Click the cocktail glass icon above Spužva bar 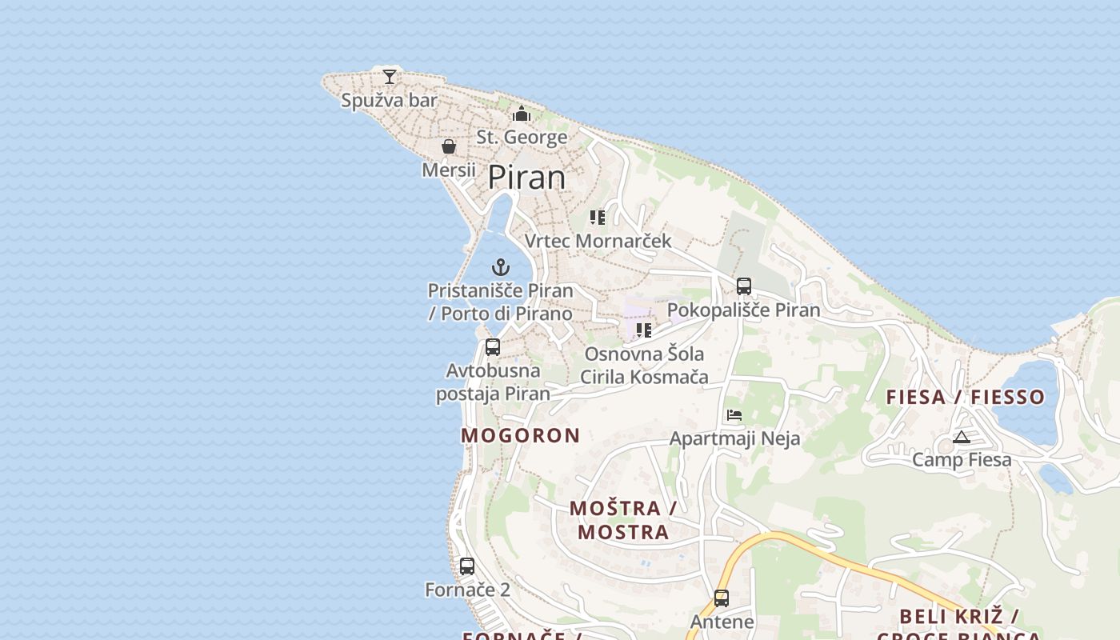click(x=390, y=77)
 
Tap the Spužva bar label click(x=390, y=101)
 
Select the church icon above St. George click(x=522, y=114)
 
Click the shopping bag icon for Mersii click(x=449, y=146)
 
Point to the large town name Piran click(x=526, y=177)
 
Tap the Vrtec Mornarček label click(x=598, y=241)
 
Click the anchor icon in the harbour click(x=501, y=267)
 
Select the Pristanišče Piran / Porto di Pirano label click(x=501, y=302)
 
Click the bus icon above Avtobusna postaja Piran click(x=493, y=347)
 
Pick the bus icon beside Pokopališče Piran click(x=744, y=286)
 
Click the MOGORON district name click(x=521, y=436)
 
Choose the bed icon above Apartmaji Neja click(x=734, y=415)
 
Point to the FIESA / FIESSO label click(x=966, y=397)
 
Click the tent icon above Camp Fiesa click(x=962, y=437)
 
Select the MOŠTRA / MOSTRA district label click(x=623, y=520)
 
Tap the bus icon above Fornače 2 click(x=467, y=566)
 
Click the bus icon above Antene click(x=722, y=598)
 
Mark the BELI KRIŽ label click(x=958, y=617)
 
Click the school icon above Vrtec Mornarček click(x=598, y=218)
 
